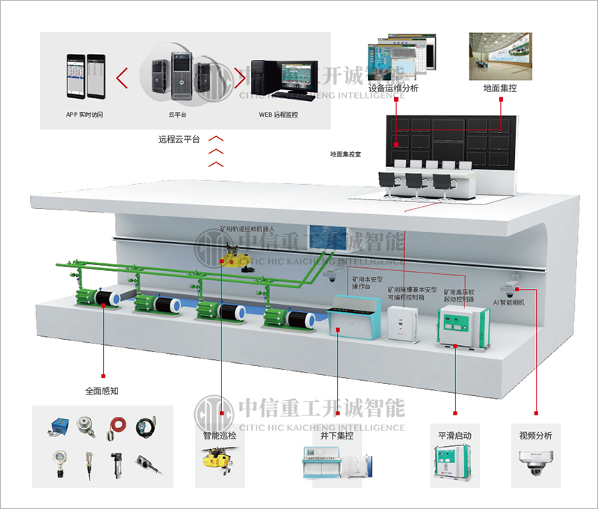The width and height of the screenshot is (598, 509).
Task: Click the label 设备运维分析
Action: click(393, 88)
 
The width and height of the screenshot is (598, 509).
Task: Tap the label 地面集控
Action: click(500, 88)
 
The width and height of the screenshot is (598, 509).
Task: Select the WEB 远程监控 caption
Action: click(278, 115)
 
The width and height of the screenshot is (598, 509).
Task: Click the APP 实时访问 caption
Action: click(84, 115)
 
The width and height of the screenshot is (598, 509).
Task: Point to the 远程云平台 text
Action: click(179, 140)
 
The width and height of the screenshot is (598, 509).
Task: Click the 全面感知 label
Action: click(102, 390)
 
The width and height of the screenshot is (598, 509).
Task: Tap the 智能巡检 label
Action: click(221, 435)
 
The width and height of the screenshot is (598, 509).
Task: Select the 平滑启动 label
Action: click(454, 435)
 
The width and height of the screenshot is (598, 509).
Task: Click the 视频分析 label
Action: click(535, 435)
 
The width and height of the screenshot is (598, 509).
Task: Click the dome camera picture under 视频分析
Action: click(535, 466)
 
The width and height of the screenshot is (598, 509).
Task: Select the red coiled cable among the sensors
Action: click(117, 427)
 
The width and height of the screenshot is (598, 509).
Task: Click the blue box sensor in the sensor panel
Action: click(58, 427)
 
